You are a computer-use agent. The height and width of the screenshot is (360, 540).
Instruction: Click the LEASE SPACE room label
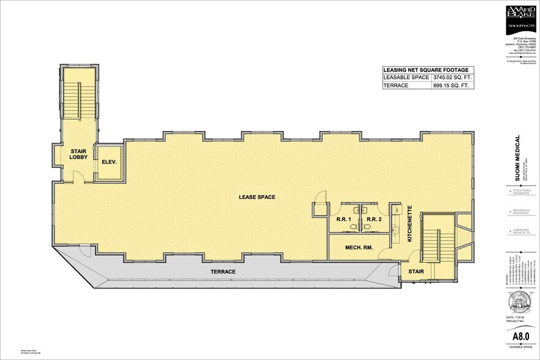tap(257, 197)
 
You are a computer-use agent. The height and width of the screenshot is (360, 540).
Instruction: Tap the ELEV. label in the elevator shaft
tap(109, 163)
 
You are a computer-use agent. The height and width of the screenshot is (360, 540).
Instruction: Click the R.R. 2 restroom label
tap(376, 219)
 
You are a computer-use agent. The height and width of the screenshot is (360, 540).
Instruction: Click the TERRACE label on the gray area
tap(223, 271)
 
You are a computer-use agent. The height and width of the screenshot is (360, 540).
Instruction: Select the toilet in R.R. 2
tap(367, 226)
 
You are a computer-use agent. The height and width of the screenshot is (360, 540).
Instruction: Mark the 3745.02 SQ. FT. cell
tap(452, 78)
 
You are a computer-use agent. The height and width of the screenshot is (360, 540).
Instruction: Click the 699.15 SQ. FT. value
tap(451, 86)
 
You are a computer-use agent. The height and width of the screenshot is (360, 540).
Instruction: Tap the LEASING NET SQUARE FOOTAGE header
tap(428, 69)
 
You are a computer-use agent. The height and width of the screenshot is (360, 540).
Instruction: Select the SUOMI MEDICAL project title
tap(517, 157)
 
